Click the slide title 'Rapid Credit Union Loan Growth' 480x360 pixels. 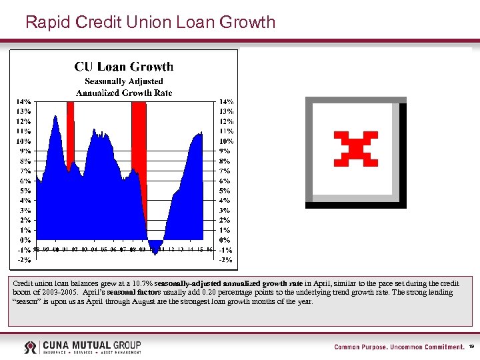[x=150, y=22]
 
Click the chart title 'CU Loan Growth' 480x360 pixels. [x=123, y=67]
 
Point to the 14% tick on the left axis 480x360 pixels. [x=23, y=102]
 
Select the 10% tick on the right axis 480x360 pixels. [x=227, y=141]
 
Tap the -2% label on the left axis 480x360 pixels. [x=23, y=259]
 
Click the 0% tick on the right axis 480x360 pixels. [x=225, y=239]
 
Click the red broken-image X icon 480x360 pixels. [x=355, y=149]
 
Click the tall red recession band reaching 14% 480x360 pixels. [x=139, y=133]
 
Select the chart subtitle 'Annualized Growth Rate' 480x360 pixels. [x=123, y=93]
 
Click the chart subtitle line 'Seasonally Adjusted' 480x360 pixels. [x=123, y=81]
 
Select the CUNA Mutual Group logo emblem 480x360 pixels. [x=31, y=347]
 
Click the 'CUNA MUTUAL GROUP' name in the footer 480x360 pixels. [x=92, y=345]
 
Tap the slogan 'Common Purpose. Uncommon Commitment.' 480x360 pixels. [x=399, y=347]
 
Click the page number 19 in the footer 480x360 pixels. [x=471, y=347]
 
